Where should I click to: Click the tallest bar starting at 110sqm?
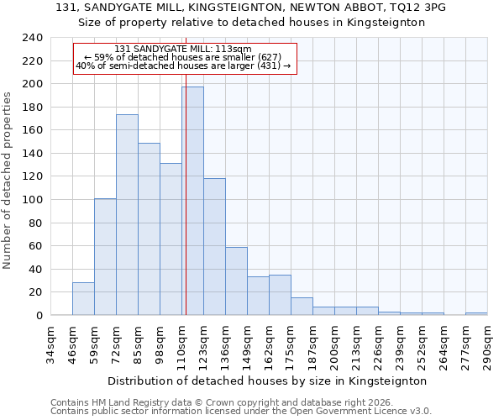click(192, 202)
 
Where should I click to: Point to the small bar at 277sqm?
click(476, 314)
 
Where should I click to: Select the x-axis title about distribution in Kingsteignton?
click(268, 381)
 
